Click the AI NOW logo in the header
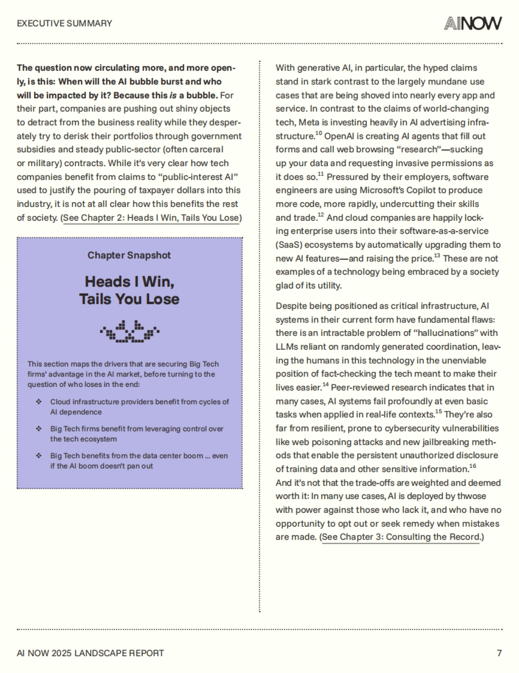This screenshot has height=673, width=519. click(473, 23)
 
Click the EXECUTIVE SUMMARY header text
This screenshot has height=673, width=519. click(64, 23)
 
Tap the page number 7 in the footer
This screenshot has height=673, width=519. click(499, 653)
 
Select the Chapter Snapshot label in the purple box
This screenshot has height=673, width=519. click(129, 255)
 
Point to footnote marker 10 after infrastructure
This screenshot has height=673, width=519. click(318, 133)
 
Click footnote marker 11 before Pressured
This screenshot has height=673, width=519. click(320, 174)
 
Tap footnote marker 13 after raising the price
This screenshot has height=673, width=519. click(437, 256)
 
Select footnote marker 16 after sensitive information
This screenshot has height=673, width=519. click(472, 466)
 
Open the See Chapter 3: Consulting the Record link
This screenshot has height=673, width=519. click(401, 537)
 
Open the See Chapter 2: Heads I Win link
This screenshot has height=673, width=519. click(151, 218)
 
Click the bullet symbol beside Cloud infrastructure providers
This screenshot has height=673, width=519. click(39, 402)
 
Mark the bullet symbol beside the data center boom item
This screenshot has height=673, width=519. click(39, 456)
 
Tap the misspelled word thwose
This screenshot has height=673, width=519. click(471, 496)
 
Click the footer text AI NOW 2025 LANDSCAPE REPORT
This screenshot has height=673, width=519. click(90, 653)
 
